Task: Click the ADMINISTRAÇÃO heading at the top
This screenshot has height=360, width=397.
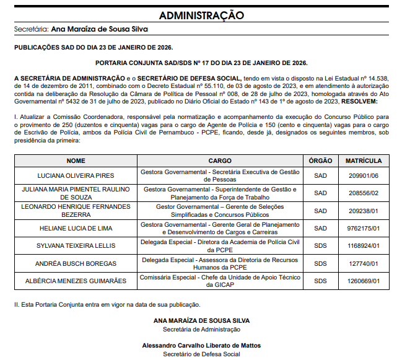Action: coord(201,15)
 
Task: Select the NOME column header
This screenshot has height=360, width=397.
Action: coord(76,160)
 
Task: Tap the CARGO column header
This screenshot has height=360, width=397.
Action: coord(220,160)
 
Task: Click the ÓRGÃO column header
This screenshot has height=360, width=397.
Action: coord(320,160)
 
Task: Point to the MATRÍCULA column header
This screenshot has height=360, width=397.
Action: coord(363,160)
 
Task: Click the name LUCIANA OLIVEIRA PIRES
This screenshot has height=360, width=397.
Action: coord(76,176)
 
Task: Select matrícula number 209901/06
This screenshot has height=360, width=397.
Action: coord(363,176)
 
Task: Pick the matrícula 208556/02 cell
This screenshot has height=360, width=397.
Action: coord(363,193)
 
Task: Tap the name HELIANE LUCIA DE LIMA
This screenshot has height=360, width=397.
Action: coord(76,228)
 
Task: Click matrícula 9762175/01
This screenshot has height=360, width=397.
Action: coord(363,228)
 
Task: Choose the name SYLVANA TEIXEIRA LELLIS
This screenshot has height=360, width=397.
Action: coord(76,245)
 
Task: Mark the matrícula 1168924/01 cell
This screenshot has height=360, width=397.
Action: coord(363,245)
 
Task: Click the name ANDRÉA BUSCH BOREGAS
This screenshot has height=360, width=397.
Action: coord(76,263)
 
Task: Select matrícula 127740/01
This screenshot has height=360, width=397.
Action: coord(363,263)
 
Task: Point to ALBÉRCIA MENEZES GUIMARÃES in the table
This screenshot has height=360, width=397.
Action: coord(76,281)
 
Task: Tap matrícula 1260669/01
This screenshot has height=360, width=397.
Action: coord(363,281)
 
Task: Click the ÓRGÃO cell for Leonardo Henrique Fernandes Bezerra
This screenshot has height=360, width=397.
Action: coord(320,211)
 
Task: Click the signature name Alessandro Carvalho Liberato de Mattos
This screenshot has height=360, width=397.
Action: coord(201,345)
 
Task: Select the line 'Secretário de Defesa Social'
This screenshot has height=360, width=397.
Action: coord(201,354)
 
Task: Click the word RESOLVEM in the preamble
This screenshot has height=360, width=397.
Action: coord(359,100)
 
